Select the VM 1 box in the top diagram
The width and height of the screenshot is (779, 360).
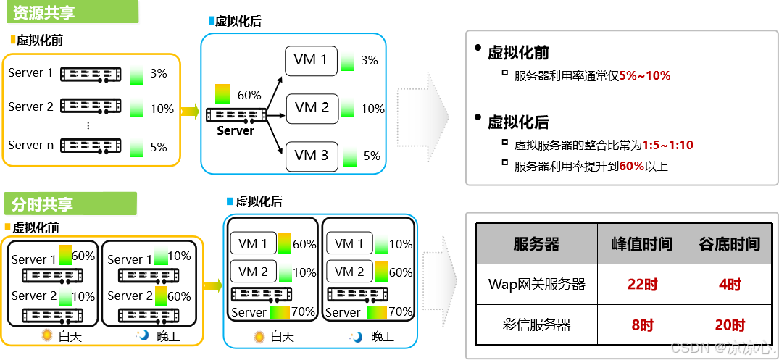[311, 61]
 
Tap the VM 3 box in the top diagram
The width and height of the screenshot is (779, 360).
[311, 156]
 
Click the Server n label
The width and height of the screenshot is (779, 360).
[30, 146]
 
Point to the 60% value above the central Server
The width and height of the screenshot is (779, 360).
[249, 95]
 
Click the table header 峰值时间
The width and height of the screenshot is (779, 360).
[642, 244]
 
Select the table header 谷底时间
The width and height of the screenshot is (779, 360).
[729, 244]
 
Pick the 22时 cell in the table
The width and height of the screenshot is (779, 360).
[642, 285]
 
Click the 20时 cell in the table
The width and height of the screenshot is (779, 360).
[729, 325]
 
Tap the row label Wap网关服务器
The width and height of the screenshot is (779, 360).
[536, 285]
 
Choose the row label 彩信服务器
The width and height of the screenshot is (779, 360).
[536, 325]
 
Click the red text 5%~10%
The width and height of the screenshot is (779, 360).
[644, 75]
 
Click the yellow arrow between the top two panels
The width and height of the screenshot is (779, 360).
[189, 111]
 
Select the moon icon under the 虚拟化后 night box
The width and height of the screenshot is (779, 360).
[356, 337]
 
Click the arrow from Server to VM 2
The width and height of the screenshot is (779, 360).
[277, 112]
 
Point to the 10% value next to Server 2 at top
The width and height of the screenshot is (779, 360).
[162, 109]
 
